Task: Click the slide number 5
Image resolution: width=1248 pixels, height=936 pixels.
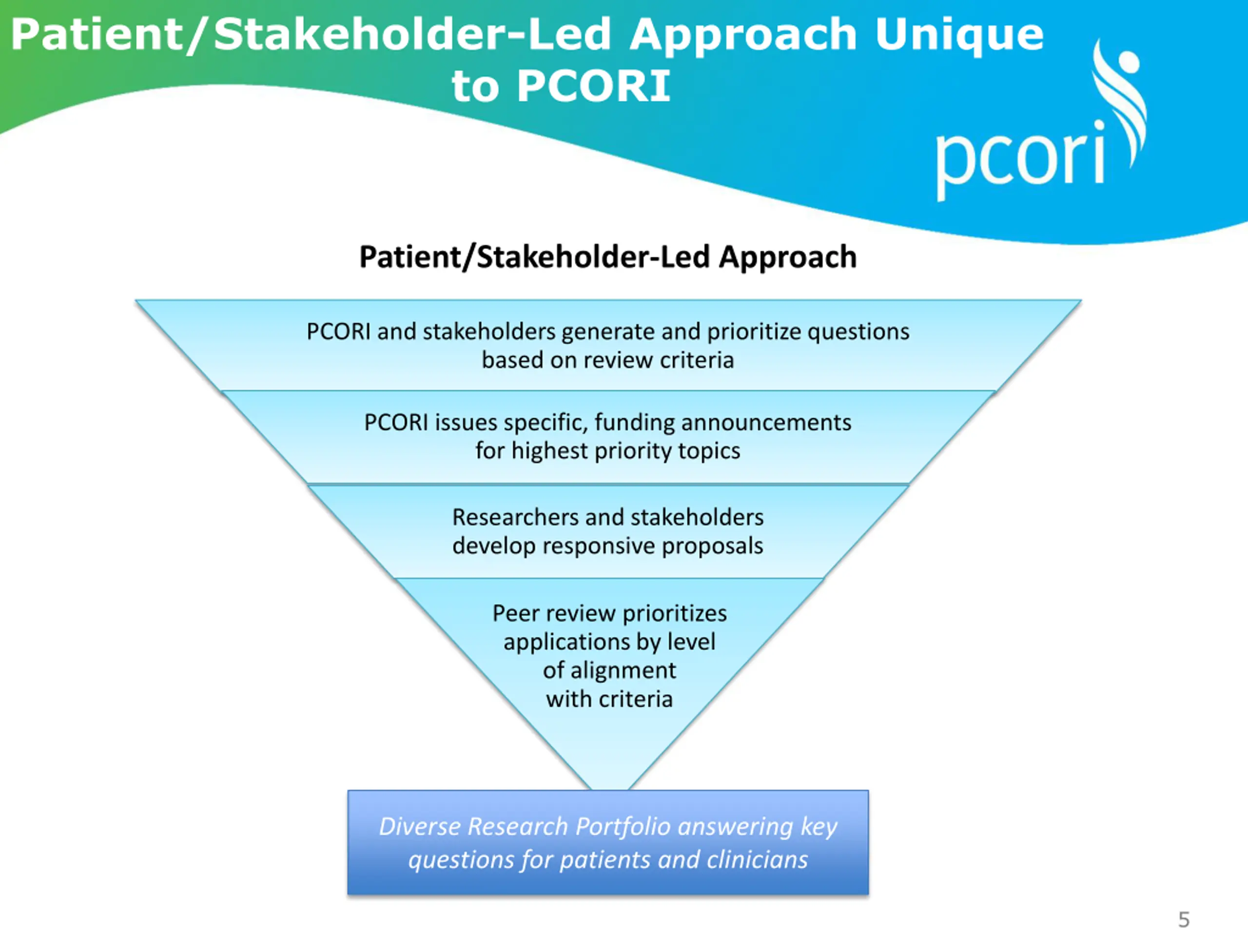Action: click(1184, 919)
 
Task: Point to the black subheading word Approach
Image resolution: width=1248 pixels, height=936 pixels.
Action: click(788, 258)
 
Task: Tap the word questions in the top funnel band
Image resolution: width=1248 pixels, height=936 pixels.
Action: click(858, 332)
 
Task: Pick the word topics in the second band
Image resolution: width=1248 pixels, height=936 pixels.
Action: click(709, 451)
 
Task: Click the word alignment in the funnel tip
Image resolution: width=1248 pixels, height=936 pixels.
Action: click(623, 671)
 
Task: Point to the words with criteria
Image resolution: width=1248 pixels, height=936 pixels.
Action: click(609, 700)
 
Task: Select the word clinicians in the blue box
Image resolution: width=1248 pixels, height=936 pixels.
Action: click(757, 860)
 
